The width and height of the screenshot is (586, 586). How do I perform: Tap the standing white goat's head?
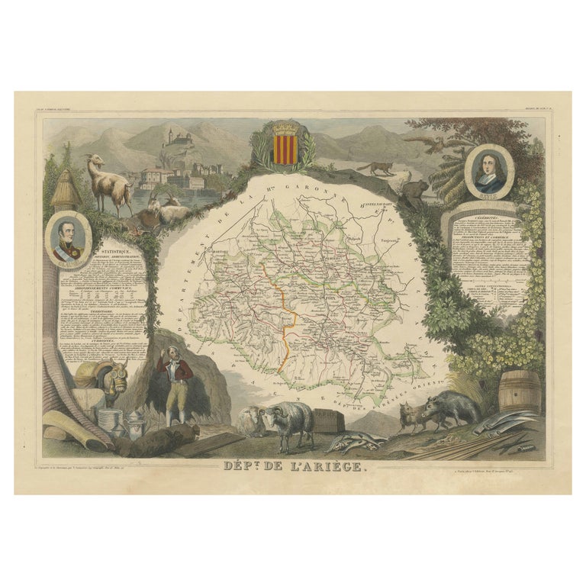coord(92,161)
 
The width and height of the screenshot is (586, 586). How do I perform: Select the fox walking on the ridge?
coord(375,168)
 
